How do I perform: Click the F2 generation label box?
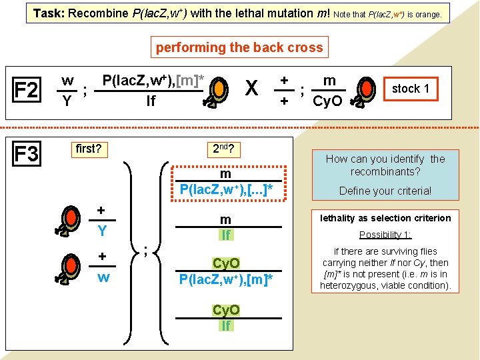tap(26, 89)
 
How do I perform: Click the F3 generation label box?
tap(26, 154)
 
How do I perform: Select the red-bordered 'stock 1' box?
tap(410, 89)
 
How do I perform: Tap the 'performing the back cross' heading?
tap(239, 47)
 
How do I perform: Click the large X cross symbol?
tap(251, 89)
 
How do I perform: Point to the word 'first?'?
tap(88, 148)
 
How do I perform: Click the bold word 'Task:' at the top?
tap(49, 13)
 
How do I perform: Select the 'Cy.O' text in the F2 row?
tap(327, 101)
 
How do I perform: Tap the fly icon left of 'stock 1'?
tap(365, 93)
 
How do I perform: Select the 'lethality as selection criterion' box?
tap(385, 218)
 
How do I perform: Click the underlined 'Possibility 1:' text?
tap(385, 235)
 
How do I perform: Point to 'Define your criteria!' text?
tap(385, 191)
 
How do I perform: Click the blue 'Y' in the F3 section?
tap(102, 231)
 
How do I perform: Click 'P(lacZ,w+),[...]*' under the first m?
tap(226, 189)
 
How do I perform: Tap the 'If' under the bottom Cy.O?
tap(226, 325)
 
